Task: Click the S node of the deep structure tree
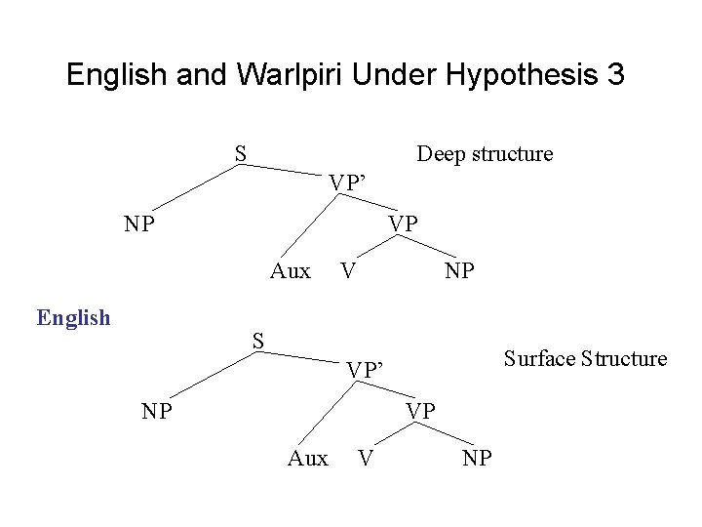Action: tap(240, 153)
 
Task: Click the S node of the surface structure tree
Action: tap(258, 341)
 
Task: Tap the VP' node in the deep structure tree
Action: tap(347, 182)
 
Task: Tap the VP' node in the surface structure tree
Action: tap(367, 369)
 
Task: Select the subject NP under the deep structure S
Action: tap(140, 223)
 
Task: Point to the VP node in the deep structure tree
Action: tap(403, 223)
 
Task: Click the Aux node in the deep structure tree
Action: tap(290, 270)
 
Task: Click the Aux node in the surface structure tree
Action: tap(308, 457)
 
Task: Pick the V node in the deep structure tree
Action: tap(346, 270)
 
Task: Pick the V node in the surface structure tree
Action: tap(365, 457)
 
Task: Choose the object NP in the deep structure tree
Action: tap(459, 270)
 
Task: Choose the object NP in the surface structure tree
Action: tap(478, 457)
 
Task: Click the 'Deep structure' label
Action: tap(485, 154)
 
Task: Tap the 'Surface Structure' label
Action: tap(585, 358)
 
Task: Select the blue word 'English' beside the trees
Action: tap(73, 317)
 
